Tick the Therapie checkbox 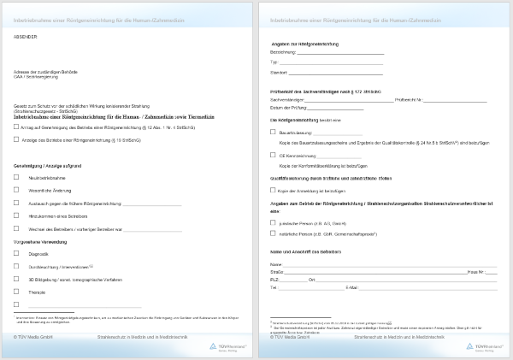coord(16,292)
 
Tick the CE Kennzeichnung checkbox coord(273,156)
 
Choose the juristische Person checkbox coord(273,222)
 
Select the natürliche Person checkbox coord(273,233)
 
